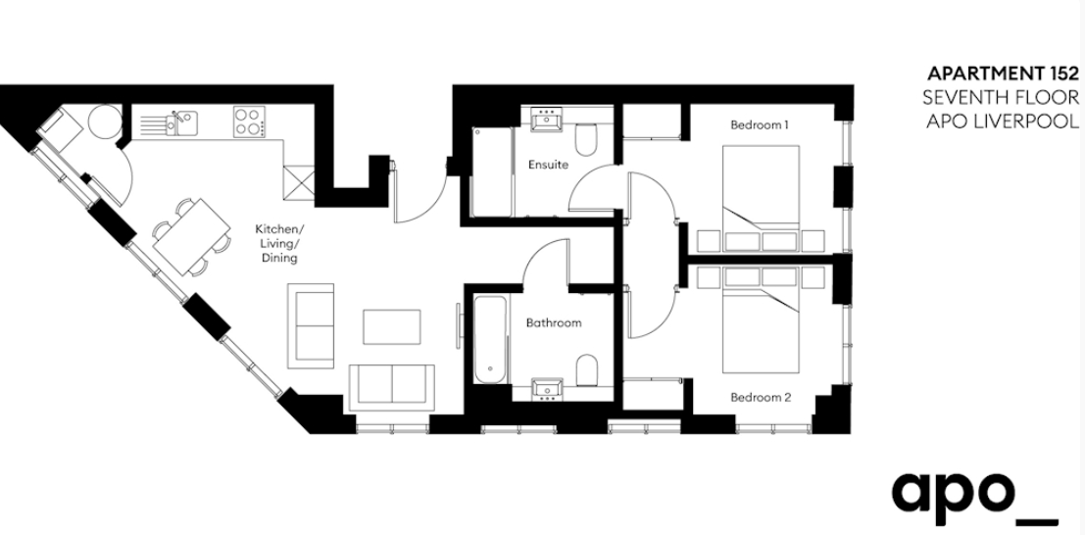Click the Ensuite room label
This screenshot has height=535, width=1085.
pyautogui.click(x=548, y=165)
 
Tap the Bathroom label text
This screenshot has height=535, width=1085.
pyautogui.click(x=554, y=322)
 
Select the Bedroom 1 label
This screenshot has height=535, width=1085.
pyautogui.click(x=760, y=125)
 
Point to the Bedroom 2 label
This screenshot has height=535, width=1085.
pyautogui.click(x=762, y=398)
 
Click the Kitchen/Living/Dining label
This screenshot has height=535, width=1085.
pyautogui.click(x=279, y=243)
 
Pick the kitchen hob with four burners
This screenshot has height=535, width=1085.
pyautogui.click(x=249, y=122)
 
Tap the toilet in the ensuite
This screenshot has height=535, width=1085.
pyautogui.click(x=585, y=139)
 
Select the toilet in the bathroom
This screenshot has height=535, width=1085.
pyautogui.click(x=587, y=369)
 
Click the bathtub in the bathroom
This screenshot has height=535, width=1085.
pyautogui.click(x=491, y=338)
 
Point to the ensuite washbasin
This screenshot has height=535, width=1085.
pyautogui.click(x=548, y=120)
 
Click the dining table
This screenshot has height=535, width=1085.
pyautogui.click(x=192, y=237)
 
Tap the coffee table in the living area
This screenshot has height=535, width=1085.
pyautogui.click(x=392, y=326)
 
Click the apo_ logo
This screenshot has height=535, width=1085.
pyautogui.click(x=974, y=492)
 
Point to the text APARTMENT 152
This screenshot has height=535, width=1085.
pyautogui.click(x=1003, y=73)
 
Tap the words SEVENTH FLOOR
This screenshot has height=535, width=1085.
pyautogui.click(x=1001, y=97)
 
